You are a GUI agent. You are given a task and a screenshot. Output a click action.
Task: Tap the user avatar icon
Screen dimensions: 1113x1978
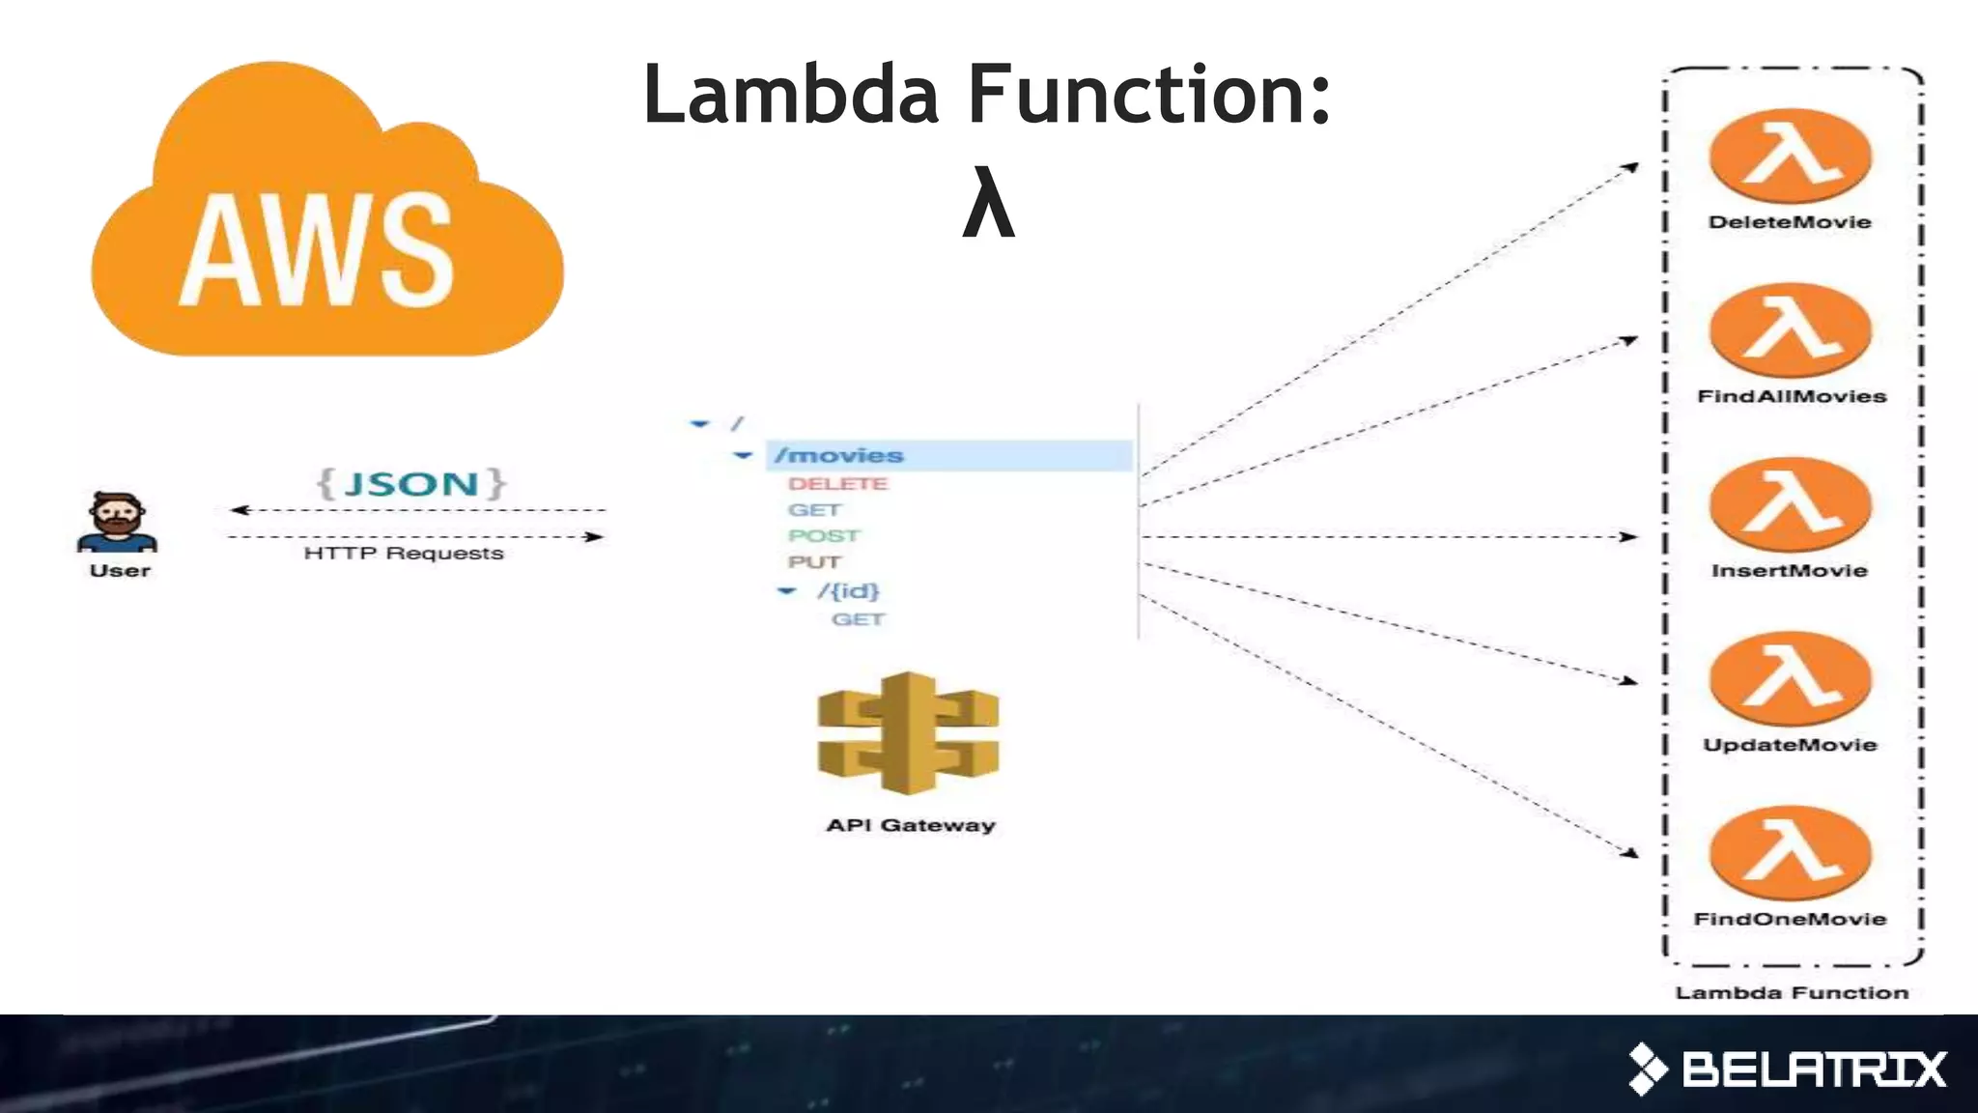pos(118,522)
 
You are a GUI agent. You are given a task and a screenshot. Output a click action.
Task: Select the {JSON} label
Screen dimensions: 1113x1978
pos(411,483)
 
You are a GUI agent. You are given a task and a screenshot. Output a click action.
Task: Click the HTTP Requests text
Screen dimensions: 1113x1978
pos(404,554)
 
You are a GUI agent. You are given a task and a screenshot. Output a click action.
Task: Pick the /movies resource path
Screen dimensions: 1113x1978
pos(839,455)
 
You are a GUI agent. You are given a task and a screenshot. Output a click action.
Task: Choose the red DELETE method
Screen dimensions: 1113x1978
pos(837,484)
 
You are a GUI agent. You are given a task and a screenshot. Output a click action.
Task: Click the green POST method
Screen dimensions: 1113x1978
pos(823,536)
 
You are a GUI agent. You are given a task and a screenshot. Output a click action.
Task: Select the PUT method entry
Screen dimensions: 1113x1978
pos(813,562)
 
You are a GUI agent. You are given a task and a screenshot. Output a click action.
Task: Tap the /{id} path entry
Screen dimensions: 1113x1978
pos(848,590)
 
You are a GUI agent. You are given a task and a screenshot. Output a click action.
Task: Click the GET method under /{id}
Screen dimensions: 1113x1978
pos(858,619)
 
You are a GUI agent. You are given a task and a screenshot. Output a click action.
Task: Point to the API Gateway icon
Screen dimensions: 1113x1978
pos(908,734)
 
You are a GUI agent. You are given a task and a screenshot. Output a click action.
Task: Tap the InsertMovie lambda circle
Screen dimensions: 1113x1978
pos(1790,504)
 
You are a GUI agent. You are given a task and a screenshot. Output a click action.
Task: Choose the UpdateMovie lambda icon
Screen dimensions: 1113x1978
pos(1790,678)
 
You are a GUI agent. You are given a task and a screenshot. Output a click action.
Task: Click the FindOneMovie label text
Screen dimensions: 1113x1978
pos(1790,919)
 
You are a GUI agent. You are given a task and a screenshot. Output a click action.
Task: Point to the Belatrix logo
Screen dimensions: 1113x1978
pos(1787,1069)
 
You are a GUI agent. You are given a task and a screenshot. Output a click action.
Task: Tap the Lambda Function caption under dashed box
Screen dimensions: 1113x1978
pos(1792,993)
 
